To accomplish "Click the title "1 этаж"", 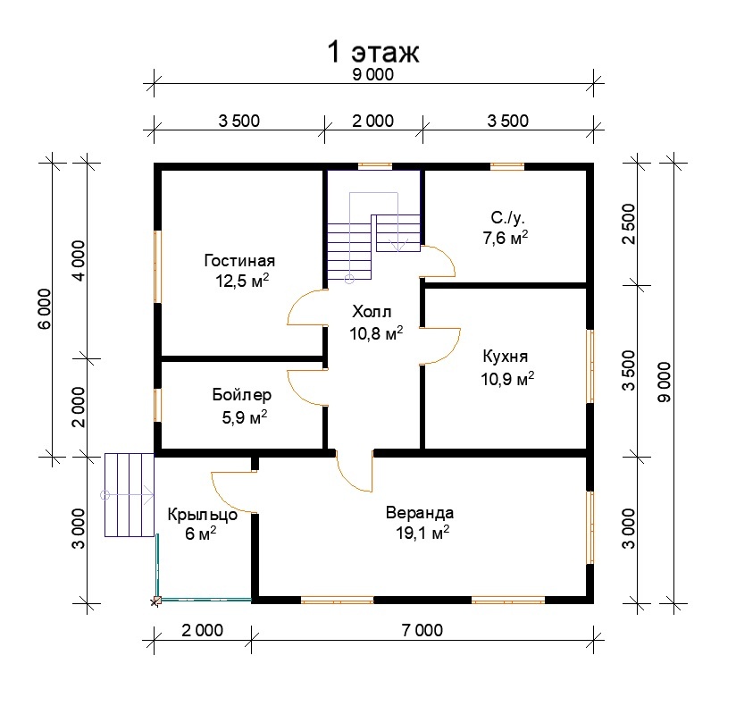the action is [372, 52].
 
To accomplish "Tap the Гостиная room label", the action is [239, 260].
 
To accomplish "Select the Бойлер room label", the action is [242, 395].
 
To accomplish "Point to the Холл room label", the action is [372, 311].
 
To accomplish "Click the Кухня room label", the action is [505, 357].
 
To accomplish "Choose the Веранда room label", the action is [420, 512].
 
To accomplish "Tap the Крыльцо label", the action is [202, 515].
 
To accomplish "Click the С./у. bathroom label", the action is [508, 218].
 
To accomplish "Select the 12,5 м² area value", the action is [242, 281].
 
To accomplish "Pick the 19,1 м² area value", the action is [422, 533].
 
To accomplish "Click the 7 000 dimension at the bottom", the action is [422, 630].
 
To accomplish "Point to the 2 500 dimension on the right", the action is [628, 223].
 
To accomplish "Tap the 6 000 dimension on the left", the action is [45, 308].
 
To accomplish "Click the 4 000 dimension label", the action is [79, 261].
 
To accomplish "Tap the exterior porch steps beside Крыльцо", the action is [130, 494].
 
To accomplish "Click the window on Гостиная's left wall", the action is [158, 266].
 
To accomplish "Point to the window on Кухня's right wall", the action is [590, 366].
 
